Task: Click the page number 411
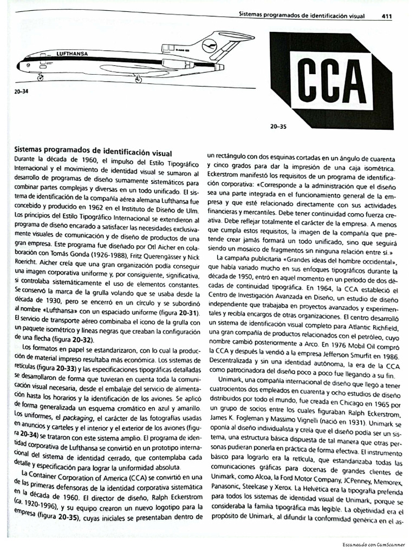[386, 16]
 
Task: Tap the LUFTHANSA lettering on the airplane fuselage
[71, 54]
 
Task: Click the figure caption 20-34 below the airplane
[22, 91]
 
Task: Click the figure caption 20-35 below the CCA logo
[277, 128]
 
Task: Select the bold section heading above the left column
[93, 153]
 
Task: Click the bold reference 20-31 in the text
[187, 314]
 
